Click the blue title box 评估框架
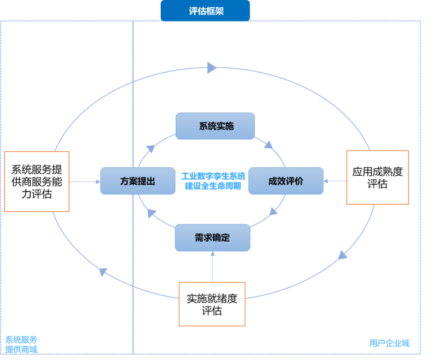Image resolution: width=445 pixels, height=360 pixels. coord(205,11)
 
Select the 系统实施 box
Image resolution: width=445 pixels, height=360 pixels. coord(215,126)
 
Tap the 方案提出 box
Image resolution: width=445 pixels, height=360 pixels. coord(137,181)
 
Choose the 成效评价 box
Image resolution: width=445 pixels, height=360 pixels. coord(285,181)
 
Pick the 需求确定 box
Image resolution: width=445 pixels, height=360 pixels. coord(212,237)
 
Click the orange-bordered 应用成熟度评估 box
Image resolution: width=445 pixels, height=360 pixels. coord(377,178)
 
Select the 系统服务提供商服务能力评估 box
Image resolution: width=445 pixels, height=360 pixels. coord(37,181)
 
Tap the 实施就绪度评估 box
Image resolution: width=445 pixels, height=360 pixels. coord(212,304)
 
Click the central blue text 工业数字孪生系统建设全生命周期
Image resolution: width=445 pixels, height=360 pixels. coord(213,181)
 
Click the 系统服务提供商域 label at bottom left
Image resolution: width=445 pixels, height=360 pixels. coord(22,344)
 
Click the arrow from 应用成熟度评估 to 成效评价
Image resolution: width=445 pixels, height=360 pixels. coord(335,181)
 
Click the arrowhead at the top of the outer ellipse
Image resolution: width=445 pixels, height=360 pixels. coord(212,68)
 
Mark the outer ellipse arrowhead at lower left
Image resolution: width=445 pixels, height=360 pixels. coord(103,272)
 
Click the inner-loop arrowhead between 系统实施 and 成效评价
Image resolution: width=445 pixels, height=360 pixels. coord(269,145)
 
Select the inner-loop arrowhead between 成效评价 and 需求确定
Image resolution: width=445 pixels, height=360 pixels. coord(274,211)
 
